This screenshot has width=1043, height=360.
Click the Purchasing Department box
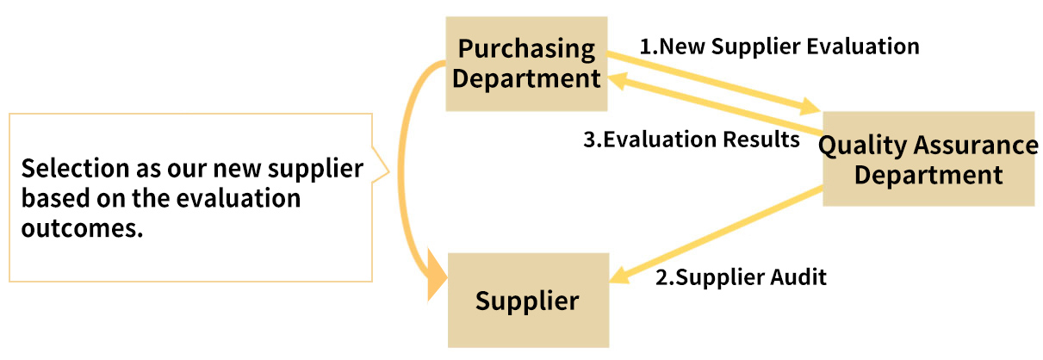tap(526, 64)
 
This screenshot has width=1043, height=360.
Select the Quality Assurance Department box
tap(928, 158)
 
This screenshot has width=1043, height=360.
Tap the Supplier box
tap(527, 301)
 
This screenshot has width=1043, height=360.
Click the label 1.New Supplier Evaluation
tap(779, 46)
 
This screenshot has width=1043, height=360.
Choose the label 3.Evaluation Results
tap(692, 140)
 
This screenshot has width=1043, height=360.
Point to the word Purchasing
tap(526, 49)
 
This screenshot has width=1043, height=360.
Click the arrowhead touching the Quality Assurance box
tap(810, 109)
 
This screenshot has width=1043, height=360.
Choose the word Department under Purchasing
tap(526, 79)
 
